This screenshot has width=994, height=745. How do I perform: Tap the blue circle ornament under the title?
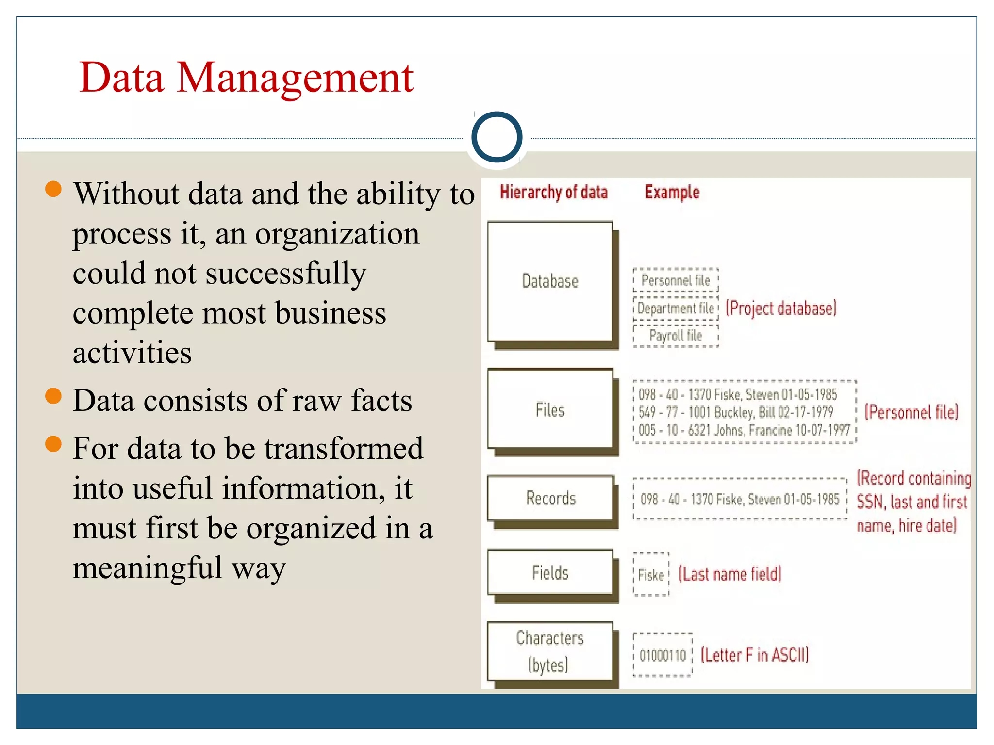(x=497, y=137)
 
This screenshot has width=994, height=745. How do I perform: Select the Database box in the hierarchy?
(x=550, y=281)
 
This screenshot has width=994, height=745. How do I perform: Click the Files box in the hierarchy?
(x=550, y=410)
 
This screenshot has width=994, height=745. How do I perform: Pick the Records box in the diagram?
(x=550, y=498)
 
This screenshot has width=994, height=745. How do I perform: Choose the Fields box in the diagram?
(x=550, y=573)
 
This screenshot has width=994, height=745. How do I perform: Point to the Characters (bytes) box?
(x=550, y=651)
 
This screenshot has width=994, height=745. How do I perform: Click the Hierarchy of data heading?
(x=553, y=192)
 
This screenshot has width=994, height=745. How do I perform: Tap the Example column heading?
(x=672, y=192)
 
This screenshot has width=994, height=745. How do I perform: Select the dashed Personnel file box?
(x=675, y=280)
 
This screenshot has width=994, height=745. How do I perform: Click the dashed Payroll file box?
(x=675, y=336)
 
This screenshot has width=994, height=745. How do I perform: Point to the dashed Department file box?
(x=675, y=308)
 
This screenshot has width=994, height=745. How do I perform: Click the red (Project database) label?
(x=781, y=308)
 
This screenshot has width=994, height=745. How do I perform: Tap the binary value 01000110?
(x=663, y=655)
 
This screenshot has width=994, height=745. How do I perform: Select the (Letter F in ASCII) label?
(x=755, y=655)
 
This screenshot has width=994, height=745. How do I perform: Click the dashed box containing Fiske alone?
(x=651, y=575)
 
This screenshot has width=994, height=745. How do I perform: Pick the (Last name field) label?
(x=730, y=574)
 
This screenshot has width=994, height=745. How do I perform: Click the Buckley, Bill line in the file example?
(x=736, y=412)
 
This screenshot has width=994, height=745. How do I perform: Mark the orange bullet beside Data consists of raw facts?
(x=53, y=396)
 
